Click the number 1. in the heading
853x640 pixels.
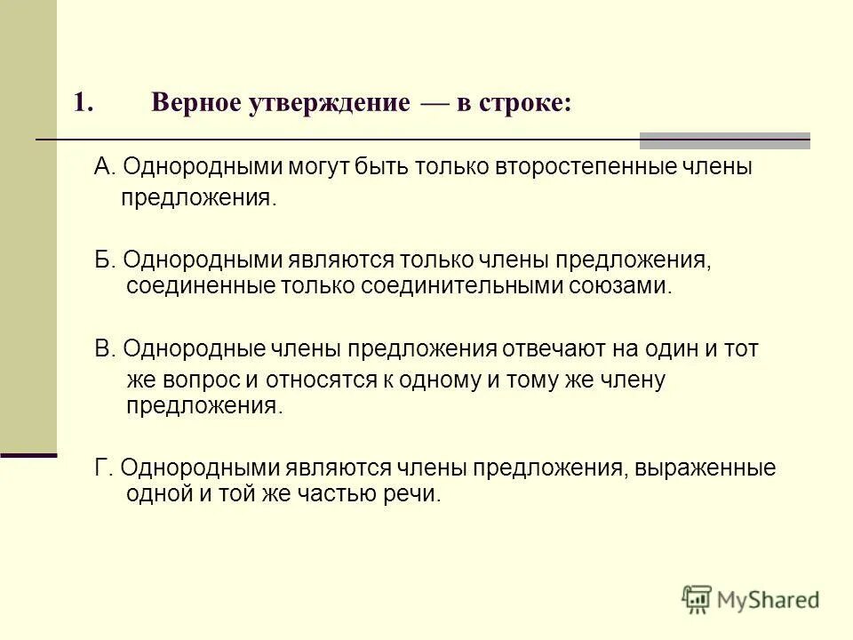(84, 103)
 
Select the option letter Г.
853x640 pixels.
(102, 468)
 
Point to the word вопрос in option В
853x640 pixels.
(201, 380)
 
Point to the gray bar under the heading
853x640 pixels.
(724, 140)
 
